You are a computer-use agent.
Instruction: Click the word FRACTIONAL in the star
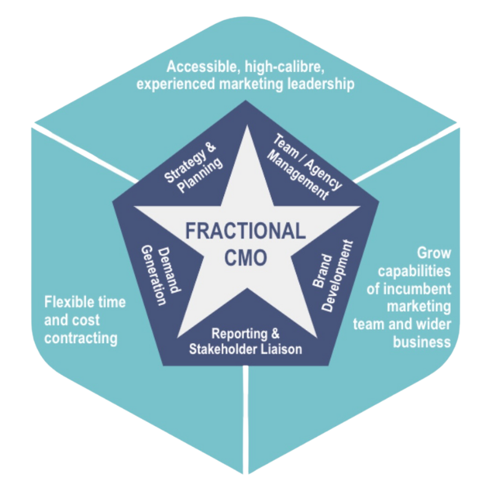245,232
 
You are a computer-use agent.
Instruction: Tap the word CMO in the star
245,257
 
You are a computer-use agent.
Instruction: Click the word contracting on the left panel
81,338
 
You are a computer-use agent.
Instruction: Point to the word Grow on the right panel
434,253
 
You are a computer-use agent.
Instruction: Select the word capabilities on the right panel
415,271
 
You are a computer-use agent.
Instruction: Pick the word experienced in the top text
174,84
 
